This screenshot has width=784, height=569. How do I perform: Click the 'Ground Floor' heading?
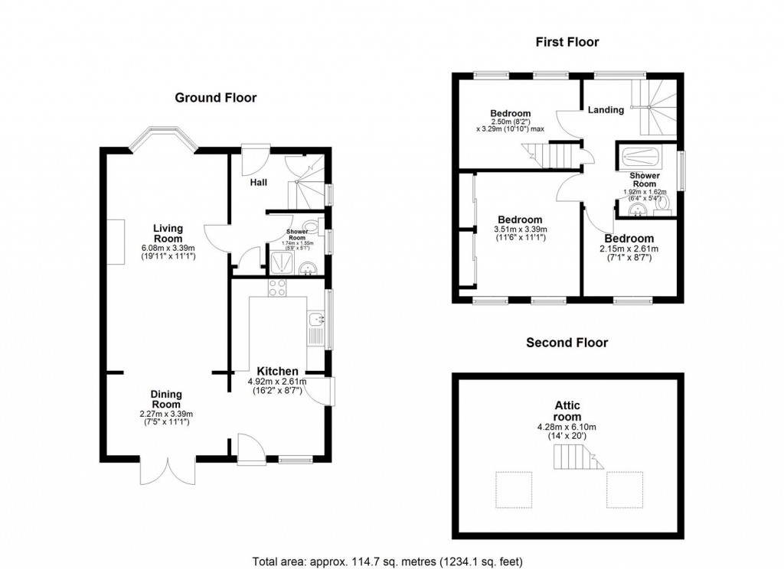pos(216,97)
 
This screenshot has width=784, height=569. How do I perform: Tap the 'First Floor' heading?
pos(566,42)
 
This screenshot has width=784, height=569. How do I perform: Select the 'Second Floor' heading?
pos(567,343)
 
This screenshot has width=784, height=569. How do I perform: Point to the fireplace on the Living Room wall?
pos(117,242)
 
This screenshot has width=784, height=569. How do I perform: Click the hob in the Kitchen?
pos(276,288)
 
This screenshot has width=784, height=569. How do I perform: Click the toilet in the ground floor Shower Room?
pos(311,227)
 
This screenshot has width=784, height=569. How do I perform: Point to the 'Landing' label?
pos(606,109)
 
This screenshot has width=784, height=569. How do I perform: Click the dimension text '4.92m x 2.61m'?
pos(276,382)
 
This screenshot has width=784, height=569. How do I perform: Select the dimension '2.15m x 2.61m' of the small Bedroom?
pos(629,249)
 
